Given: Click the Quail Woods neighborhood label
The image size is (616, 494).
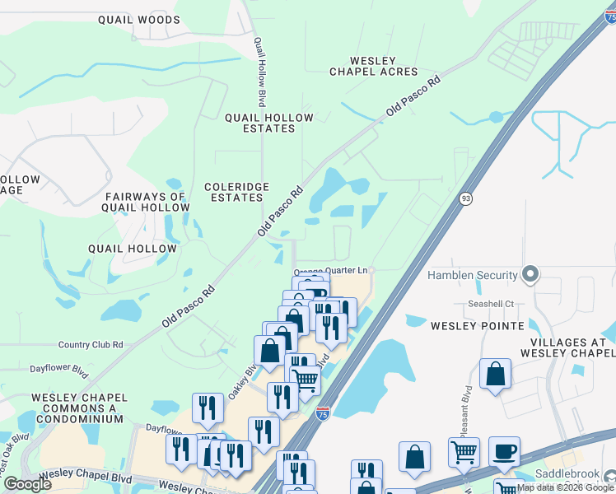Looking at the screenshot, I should (x=138, y=19).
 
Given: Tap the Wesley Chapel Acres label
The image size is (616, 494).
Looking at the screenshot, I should (x=374, y=66).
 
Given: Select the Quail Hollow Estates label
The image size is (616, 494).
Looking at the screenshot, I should (x=269, y=123).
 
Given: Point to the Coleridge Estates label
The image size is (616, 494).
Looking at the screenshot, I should (x=236, y=193).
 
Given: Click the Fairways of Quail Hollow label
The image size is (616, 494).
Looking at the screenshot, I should (x=145, y=202).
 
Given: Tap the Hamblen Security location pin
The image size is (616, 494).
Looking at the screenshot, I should (x=530, y=274).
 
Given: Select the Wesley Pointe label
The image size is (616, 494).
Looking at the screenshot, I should (x=478, y=326).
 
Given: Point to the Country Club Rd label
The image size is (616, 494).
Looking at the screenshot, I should (x=91, y=345).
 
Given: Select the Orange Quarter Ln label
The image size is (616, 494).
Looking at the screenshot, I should (x=331, y=271).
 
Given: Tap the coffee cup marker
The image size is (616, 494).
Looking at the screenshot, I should (x=504, y=452).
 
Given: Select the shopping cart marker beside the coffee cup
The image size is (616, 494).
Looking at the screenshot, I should (x=464, y=452).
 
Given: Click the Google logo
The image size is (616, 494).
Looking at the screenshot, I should (x=28, y=484).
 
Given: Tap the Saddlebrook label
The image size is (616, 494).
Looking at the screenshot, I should (x=565, y=475).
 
